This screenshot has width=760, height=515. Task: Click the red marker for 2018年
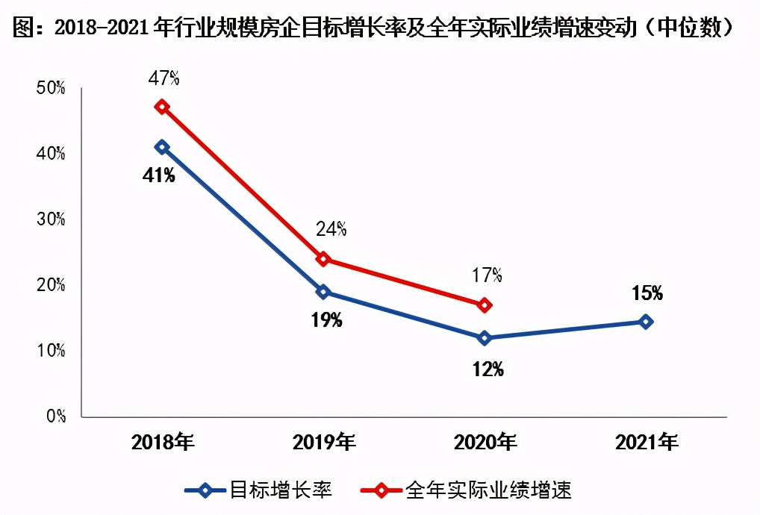point(161,107)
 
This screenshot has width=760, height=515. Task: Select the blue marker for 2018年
point(161,147)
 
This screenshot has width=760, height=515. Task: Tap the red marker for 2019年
point(323,259)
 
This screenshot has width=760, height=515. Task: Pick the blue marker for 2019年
point(323,291)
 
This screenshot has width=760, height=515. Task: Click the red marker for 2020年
point(485,305)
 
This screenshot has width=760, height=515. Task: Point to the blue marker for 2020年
point(485,338)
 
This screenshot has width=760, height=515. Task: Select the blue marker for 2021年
point(646,322)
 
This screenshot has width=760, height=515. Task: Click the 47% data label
point(163,78)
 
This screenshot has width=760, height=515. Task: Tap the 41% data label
point(160,175)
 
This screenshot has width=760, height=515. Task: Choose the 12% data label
point(488,369)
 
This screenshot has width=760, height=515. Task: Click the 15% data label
point(647,293)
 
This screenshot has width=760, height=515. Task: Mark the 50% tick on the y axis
point(51,88)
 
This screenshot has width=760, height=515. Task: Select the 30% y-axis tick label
point(51,219)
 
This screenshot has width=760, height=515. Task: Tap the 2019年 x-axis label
point(324,443)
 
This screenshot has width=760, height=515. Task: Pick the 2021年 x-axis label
point(647,443)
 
